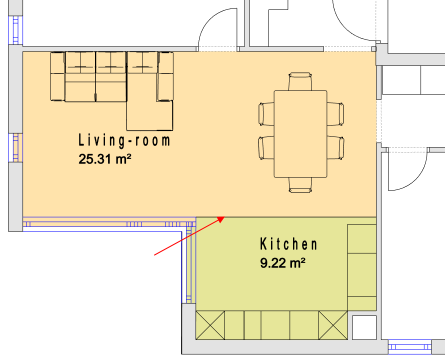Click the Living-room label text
124,141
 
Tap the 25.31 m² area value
104,159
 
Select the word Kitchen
288,244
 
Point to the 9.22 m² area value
282,263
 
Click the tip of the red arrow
224,217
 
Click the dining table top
300,134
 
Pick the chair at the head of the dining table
300,81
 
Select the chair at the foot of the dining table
300,185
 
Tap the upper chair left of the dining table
266,114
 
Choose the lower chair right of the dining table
335,148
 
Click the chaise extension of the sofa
149,116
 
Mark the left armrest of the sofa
57,76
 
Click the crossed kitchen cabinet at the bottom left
210,325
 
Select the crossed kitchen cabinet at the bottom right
333,325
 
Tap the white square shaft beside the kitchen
364,327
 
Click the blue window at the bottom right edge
409,347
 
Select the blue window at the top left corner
15,30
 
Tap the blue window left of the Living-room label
15,147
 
